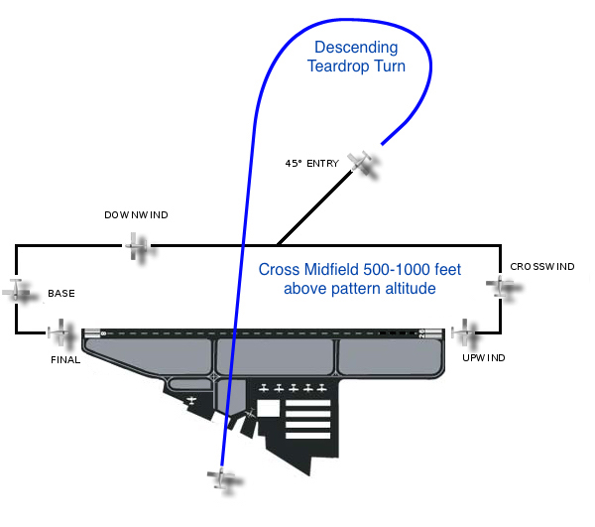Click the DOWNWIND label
click(136, 214)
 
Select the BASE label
click(60, 294)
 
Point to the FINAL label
click(64, 359)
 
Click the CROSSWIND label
click(541, 267)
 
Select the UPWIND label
click(484, 356)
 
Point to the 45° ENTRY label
click(311, 163)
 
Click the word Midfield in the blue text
click(350, 269)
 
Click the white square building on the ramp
click(268, 407)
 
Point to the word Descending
click(355, 48)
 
